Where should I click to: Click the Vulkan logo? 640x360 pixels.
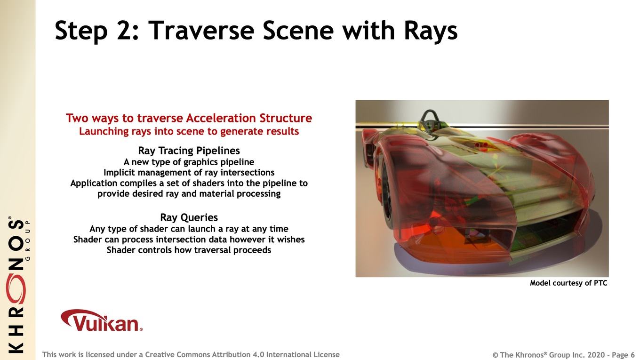pos(102,320)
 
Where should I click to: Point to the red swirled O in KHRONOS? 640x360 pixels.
pos(16,289)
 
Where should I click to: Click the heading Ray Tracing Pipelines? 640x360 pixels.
pos(189,151)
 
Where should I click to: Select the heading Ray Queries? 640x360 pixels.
pos(189,217)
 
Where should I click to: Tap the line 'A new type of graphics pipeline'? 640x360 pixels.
pos(189,162)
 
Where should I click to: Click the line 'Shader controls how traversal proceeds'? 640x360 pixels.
pos(189,250)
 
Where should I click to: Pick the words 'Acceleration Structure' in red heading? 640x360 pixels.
pos(249,118)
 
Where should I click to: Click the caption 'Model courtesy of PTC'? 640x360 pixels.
pos(568,283)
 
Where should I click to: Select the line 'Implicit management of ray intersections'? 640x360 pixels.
pos(189,173)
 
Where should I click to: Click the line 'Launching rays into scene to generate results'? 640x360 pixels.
pos(189,131)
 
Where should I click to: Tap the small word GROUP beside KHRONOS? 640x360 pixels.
pos(28,240)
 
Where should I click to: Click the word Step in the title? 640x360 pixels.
pos(81,32)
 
